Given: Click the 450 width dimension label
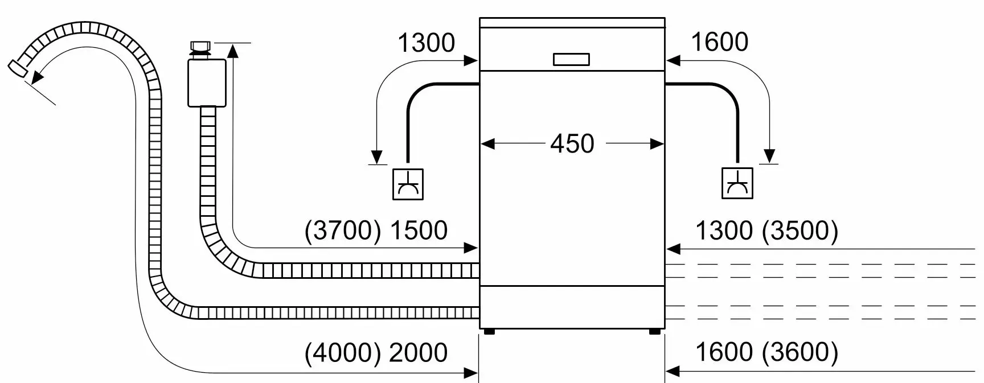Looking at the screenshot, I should click(572, 143).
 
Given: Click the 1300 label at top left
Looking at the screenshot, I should click(426, 43).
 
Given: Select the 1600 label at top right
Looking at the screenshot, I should click(719, 42).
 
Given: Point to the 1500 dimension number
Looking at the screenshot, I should click(419, 230).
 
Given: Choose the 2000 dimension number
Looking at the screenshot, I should click(419, 353).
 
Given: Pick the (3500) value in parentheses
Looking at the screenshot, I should click(800, 230).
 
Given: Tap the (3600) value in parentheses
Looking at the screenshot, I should click(800, 352).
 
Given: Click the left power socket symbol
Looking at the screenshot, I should click(408, 184).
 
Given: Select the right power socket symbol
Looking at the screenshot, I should click(737, 183).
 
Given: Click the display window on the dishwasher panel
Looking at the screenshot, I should click(571, 59).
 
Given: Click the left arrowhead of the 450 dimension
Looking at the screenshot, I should click(487, 144).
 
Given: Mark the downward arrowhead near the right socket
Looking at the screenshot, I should click(769, 156).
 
